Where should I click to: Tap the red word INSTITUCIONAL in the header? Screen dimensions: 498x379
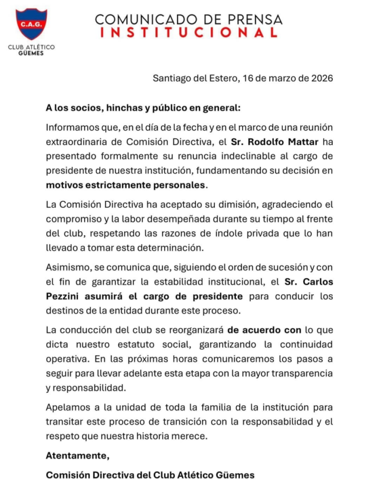[188, 33]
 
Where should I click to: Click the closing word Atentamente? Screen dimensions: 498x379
[77, 456]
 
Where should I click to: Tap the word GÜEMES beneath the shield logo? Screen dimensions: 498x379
[31, 53]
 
